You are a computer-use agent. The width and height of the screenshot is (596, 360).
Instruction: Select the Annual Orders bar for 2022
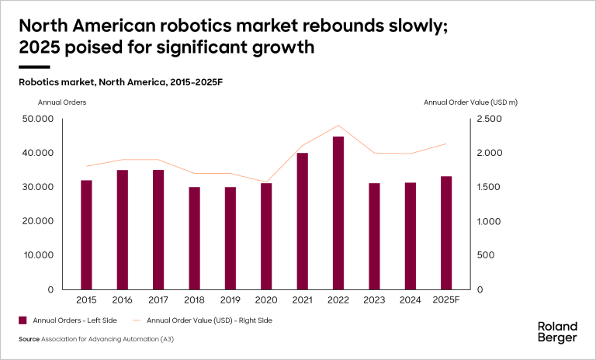(338, 213)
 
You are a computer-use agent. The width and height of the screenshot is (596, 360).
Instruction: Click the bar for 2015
(86, 234)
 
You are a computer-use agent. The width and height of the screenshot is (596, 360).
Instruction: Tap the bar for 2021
(303, 221)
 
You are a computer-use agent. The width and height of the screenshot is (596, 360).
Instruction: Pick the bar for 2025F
(446, 233)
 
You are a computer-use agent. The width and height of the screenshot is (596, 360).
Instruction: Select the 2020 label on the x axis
(266, 299)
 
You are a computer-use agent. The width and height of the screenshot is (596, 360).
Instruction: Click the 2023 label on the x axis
(374, 299)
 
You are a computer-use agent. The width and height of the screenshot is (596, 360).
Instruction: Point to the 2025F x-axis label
(446, 299)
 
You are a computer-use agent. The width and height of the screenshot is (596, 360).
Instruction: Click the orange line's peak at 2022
(338, 125)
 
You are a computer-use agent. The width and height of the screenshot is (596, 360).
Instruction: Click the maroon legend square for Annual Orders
(23, 320)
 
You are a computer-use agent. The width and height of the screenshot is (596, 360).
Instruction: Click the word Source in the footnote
(29, 340)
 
